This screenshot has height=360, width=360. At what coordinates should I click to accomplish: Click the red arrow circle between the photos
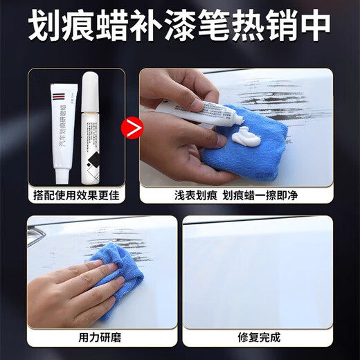click(129, 127)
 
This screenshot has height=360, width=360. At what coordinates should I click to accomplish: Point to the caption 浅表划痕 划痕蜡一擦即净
click(236, 195)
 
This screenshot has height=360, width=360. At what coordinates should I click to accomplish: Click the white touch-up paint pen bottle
click(89, 125)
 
